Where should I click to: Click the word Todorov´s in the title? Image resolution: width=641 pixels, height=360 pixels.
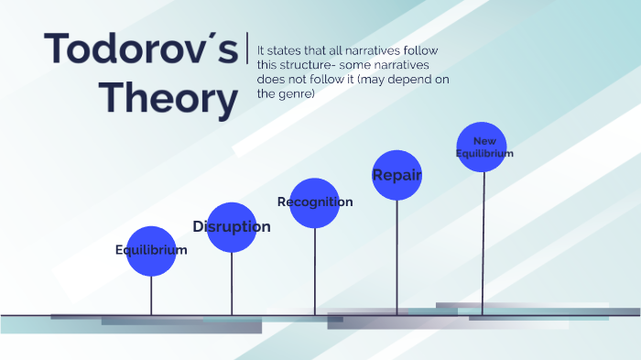[140, 49]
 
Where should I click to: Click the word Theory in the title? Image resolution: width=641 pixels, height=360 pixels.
[168, 98]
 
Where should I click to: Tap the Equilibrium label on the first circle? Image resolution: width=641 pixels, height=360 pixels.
[151, 250]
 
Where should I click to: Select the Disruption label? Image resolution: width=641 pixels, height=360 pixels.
[232, 226]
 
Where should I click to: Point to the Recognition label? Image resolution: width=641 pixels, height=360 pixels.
[315, 202]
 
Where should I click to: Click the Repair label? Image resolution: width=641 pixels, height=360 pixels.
[397, 174]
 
